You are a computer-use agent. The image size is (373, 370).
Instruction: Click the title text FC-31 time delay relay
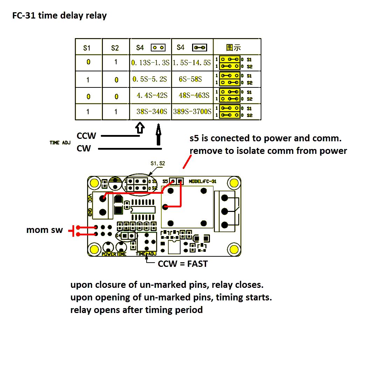point(59,16)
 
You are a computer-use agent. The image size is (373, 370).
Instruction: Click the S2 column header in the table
point(115,48)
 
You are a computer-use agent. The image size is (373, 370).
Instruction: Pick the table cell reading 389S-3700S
point(192,112)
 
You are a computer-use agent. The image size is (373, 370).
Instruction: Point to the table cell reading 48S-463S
point(194,95)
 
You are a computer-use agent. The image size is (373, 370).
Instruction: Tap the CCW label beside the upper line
point(86,136)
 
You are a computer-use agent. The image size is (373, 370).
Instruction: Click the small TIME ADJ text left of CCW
point(60,143)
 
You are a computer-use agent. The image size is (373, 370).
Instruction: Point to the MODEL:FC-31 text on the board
point(203,182)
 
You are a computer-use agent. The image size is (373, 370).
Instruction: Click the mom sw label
point(44,230)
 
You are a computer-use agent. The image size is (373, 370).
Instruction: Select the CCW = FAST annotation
point(183,264)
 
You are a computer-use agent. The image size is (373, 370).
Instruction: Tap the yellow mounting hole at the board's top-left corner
point(94,183)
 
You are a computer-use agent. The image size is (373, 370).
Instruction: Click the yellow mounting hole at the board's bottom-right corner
point(234,249)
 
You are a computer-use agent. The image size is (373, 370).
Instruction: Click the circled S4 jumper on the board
point(126,236)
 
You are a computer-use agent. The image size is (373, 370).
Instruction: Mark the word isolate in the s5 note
point(260,151)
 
